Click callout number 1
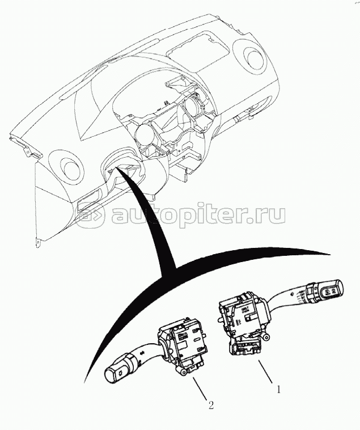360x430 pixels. [278, 389]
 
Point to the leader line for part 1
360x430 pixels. [265, 372]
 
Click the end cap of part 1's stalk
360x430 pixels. [332, 291]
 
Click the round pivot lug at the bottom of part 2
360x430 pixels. [183, 372]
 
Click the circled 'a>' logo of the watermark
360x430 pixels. [90, 214]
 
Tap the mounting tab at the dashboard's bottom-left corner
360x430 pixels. [39, 243]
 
